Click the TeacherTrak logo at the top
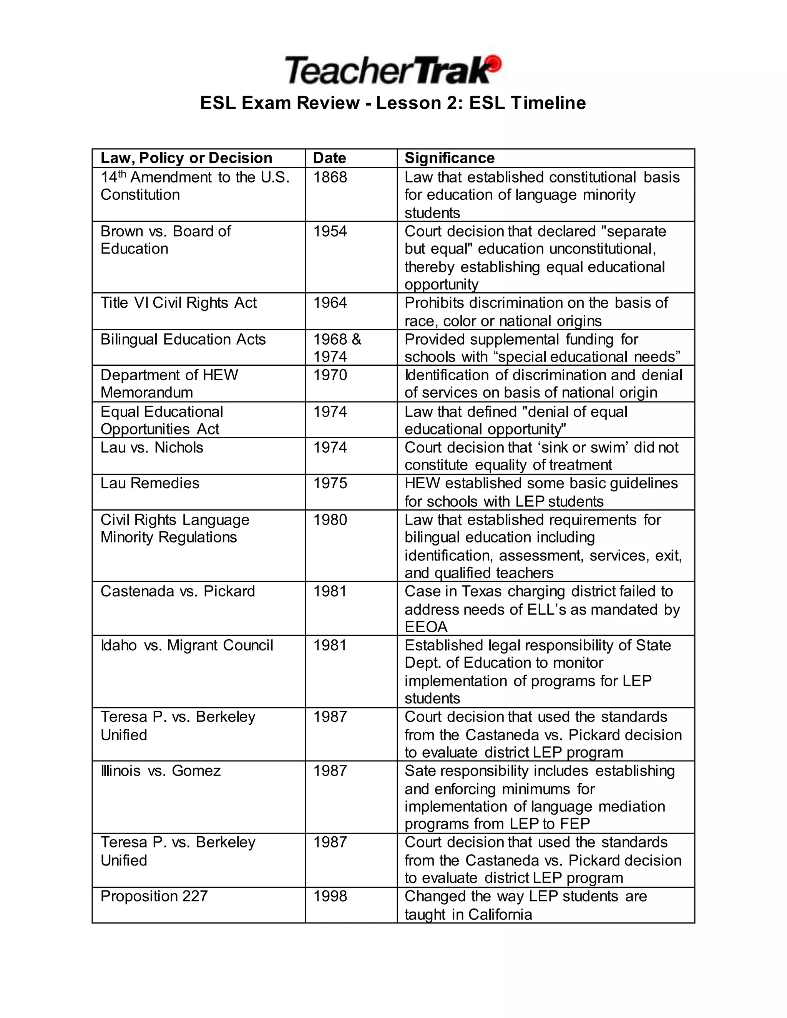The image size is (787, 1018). click(393, 70)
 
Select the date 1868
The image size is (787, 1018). click(330, 177)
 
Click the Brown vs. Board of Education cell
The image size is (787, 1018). click(166, 240)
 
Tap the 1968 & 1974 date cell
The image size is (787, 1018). click(337, 348)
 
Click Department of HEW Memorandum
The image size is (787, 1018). click(169, 384)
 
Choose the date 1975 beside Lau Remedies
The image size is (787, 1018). click(330, 483)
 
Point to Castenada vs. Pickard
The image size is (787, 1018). click(178, 591)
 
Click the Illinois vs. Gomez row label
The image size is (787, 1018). click(160, 771)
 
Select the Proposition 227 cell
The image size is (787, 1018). click(154, 896)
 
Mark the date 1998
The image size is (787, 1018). click(330, 896)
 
